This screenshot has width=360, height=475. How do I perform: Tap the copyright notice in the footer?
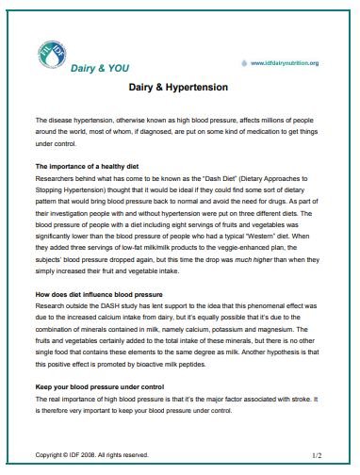[x=91, y=455]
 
